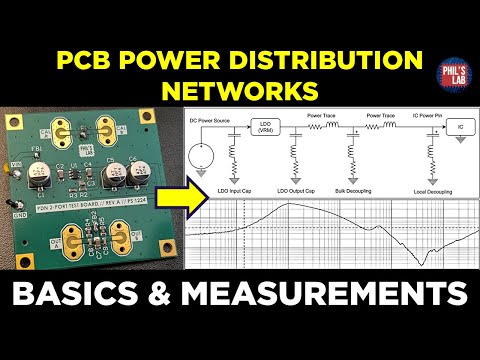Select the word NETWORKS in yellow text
point(243,91)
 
